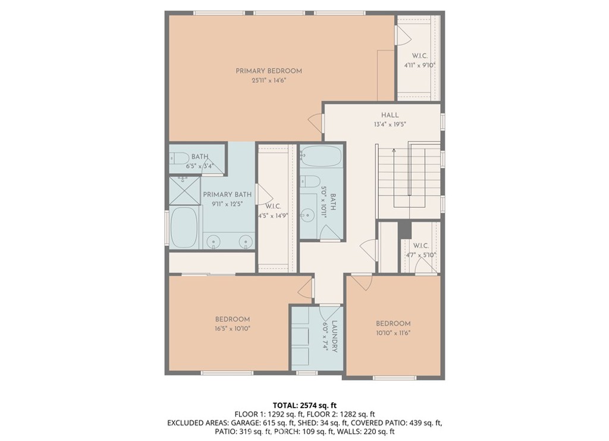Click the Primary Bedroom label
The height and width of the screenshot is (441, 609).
(269, 71)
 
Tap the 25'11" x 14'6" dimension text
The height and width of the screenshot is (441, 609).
(269, 81)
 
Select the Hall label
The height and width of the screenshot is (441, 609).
(390, 115)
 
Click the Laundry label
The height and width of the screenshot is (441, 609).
(333, 336)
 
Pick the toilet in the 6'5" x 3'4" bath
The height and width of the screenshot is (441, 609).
(179, 158)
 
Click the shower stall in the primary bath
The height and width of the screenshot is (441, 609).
(184, 191)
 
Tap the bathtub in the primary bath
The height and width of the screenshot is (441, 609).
(184, 227)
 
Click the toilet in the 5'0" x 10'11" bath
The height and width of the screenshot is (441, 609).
(310, 181)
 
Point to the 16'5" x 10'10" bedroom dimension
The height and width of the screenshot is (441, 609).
(233, 329)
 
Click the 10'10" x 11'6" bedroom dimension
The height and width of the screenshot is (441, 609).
(393, 333)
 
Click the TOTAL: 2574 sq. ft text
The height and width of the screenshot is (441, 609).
(304, 406)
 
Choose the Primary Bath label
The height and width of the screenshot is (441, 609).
(227, 194)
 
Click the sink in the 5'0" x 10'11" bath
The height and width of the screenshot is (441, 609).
(308, 214)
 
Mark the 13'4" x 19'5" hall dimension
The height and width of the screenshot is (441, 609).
(390, 125)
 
